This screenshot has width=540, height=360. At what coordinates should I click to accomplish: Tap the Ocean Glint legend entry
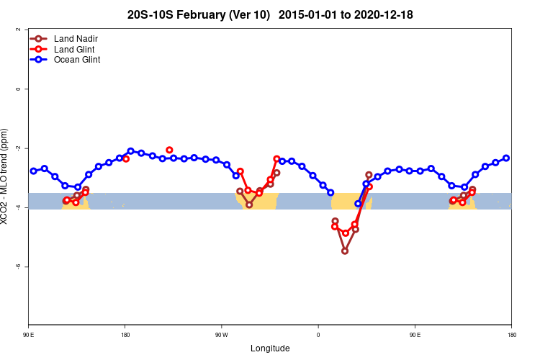pos(76,60)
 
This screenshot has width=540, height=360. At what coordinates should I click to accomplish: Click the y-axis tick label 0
pos(17,89)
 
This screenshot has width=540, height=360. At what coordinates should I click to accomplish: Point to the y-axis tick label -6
pos(17,266)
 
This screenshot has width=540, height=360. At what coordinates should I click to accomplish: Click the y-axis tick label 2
pos(17,30)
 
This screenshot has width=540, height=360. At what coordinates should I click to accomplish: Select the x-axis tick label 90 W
pos(221,334)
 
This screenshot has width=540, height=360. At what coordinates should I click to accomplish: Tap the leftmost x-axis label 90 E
pos(29,334)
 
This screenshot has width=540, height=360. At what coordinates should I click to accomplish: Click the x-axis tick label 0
pos(318,334)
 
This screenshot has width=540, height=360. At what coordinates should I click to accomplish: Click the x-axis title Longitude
pos(270,348)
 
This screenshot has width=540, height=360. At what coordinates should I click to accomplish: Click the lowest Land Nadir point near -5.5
pos(345,251)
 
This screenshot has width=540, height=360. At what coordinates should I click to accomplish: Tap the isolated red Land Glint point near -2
pos(169,150)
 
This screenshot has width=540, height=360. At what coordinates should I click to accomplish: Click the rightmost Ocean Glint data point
pos(506,158)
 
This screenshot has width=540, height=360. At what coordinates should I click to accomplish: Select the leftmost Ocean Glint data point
pos(34,171)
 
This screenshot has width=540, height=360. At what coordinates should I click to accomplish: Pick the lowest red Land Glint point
pos(346,233)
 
